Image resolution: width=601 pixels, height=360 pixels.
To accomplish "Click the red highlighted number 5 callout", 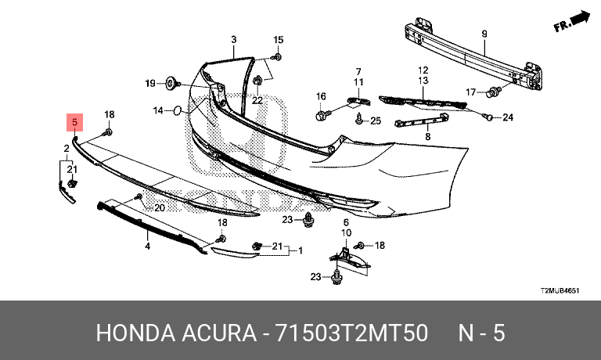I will [74, 123].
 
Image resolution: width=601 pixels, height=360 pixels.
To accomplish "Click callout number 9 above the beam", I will [484, 34].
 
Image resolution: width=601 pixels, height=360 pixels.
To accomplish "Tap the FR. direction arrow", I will [570, 22].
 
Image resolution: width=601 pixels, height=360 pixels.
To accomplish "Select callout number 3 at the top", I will [233, 39].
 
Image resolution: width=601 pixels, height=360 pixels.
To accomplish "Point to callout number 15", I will [279, 39].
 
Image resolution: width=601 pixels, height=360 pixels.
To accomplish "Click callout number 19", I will [149, 83].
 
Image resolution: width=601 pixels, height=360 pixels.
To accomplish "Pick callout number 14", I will [157, 110].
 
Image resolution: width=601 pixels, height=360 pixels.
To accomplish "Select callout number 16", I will [321, 96].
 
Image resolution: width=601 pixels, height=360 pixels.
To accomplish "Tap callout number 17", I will [470, 91].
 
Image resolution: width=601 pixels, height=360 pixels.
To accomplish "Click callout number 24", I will [507, 118].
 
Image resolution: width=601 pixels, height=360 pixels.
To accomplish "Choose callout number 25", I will [375, 121].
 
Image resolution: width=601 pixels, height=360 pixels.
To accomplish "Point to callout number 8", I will [428, 136].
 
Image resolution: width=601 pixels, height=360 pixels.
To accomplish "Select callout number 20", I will [160, 208].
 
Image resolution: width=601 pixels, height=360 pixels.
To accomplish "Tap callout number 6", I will [345, 222].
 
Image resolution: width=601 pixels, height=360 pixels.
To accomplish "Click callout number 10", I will [345, 232].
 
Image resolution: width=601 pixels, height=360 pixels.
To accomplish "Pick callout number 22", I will [257, 100].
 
